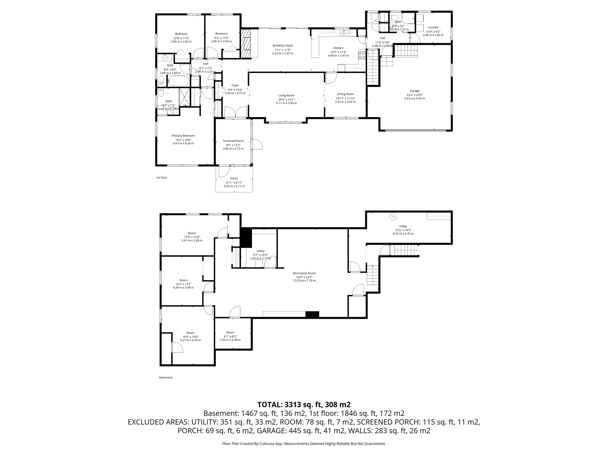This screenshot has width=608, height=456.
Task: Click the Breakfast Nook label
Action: point(283,45)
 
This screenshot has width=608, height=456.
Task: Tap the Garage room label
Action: point(414,91)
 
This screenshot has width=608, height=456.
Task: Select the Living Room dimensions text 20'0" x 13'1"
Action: point(286,99)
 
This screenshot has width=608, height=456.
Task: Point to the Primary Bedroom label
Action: point(183,136)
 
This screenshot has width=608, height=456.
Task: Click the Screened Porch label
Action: point(233,141)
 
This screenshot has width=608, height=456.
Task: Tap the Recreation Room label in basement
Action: point(304,273)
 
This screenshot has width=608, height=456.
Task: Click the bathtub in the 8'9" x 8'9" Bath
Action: point(178,80)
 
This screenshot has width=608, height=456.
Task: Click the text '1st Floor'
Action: point(162,178)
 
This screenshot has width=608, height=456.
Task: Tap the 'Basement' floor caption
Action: point(166,378)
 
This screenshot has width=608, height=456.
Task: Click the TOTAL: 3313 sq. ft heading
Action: point(304,404)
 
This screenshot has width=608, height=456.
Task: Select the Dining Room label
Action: point(345,94)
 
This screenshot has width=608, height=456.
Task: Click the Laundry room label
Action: point(433,27)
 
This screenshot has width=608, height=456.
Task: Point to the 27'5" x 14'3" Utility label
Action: point(403,226)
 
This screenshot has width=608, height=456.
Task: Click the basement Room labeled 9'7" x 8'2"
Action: point(230,332)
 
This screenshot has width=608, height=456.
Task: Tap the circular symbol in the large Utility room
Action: point(393,216)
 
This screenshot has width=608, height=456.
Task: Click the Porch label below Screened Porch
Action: point(234,178)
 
